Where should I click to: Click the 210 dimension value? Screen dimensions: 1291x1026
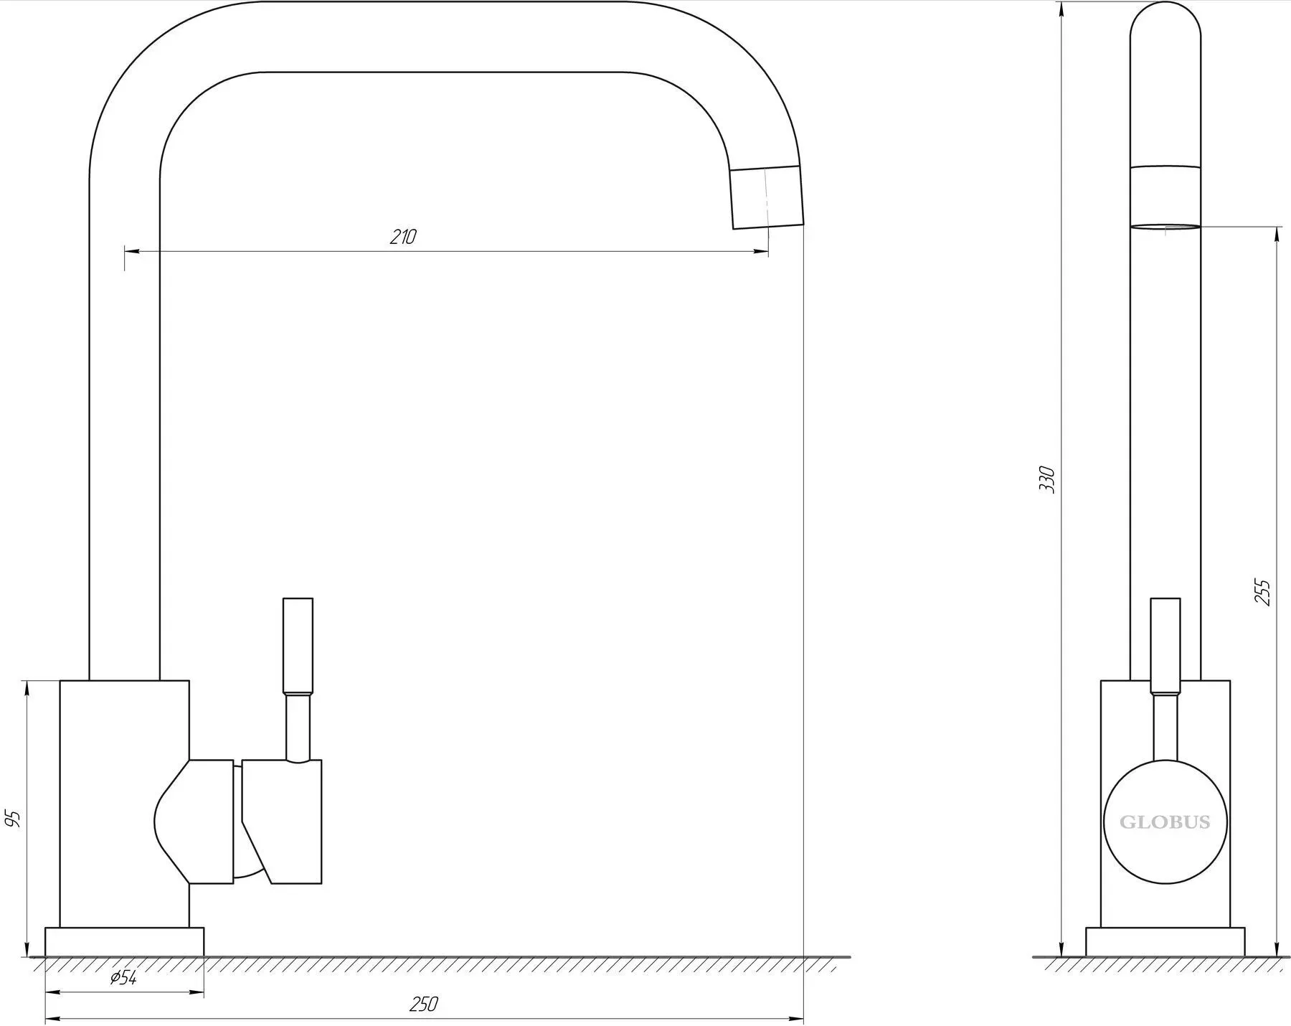click(403, 237)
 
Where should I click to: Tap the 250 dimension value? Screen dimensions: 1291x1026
click(423, 1004)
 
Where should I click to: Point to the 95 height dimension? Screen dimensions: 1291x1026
click(12, 819)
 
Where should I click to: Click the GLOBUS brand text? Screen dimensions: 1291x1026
click(1165, 822)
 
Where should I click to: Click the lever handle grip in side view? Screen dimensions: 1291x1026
click(1165, 646)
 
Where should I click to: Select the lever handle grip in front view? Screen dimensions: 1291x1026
click(298, 646)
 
